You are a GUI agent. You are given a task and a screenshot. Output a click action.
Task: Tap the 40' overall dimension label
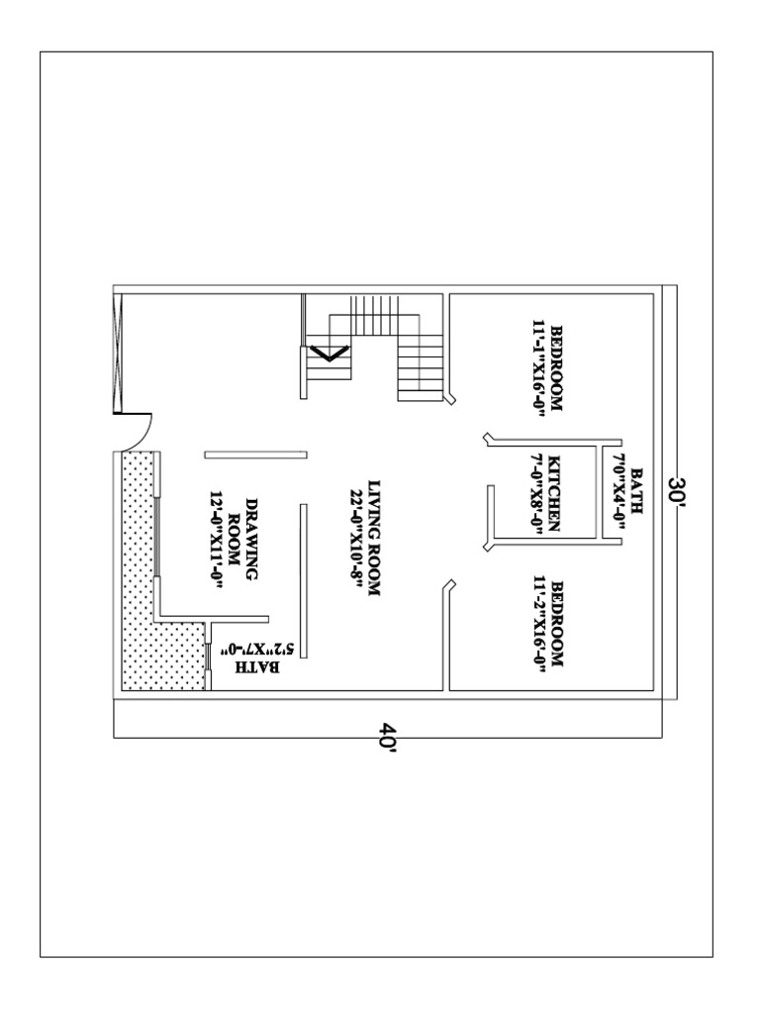tap(387, 738)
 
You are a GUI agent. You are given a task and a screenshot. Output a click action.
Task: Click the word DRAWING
tap(251, 532)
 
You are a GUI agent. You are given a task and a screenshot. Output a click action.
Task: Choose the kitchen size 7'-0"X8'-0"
tap(536, 494)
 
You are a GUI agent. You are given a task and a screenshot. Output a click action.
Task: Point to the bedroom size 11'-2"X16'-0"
tap(537, 624)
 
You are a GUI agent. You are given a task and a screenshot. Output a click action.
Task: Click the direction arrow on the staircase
tap(330, 352)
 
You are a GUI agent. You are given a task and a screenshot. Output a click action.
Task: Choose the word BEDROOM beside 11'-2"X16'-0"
tap(556, 624)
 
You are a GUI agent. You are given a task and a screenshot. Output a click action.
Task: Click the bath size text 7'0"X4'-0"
tap(617, 492)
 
